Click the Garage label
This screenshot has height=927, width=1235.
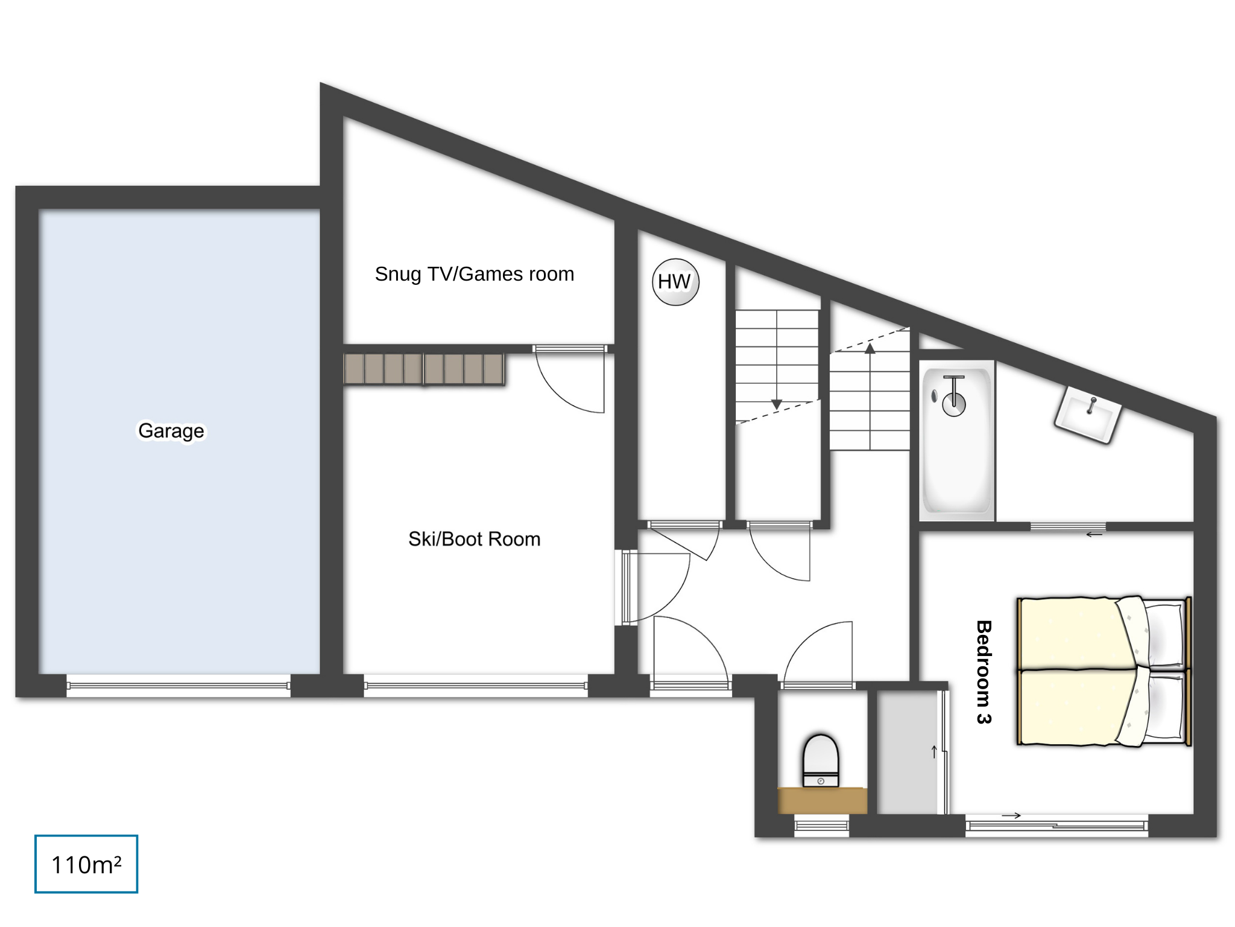point(171,431)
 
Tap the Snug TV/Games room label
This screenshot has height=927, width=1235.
point(474,274)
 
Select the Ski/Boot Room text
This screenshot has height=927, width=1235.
point(474,539)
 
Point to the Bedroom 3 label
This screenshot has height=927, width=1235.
point(984,672)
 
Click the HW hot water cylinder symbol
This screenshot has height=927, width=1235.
point(675,282)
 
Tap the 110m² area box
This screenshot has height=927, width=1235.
point(86,864)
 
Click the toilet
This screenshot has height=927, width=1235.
point(821,760)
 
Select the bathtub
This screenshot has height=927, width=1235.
point(956,440)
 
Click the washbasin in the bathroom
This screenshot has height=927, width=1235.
point(1088,415)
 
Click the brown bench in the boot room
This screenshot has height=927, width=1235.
point(424,369)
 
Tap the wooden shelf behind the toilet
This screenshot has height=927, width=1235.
point(822,800)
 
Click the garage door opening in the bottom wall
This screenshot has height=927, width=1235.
point(178,686)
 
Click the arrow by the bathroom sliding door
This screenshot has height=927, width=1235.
point(1094,534)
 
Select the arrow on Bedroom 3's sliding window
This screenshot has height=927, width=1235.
point(1011,816)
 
